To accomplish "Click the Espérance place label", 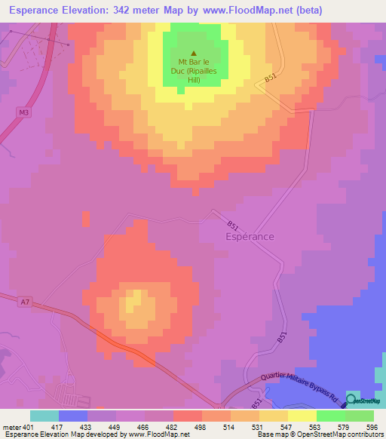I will click(250, 236).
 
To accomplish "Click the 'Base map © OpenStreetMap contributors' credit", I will click(318, 434).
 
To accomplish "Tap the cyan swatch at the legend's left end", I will click(44, 416).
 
